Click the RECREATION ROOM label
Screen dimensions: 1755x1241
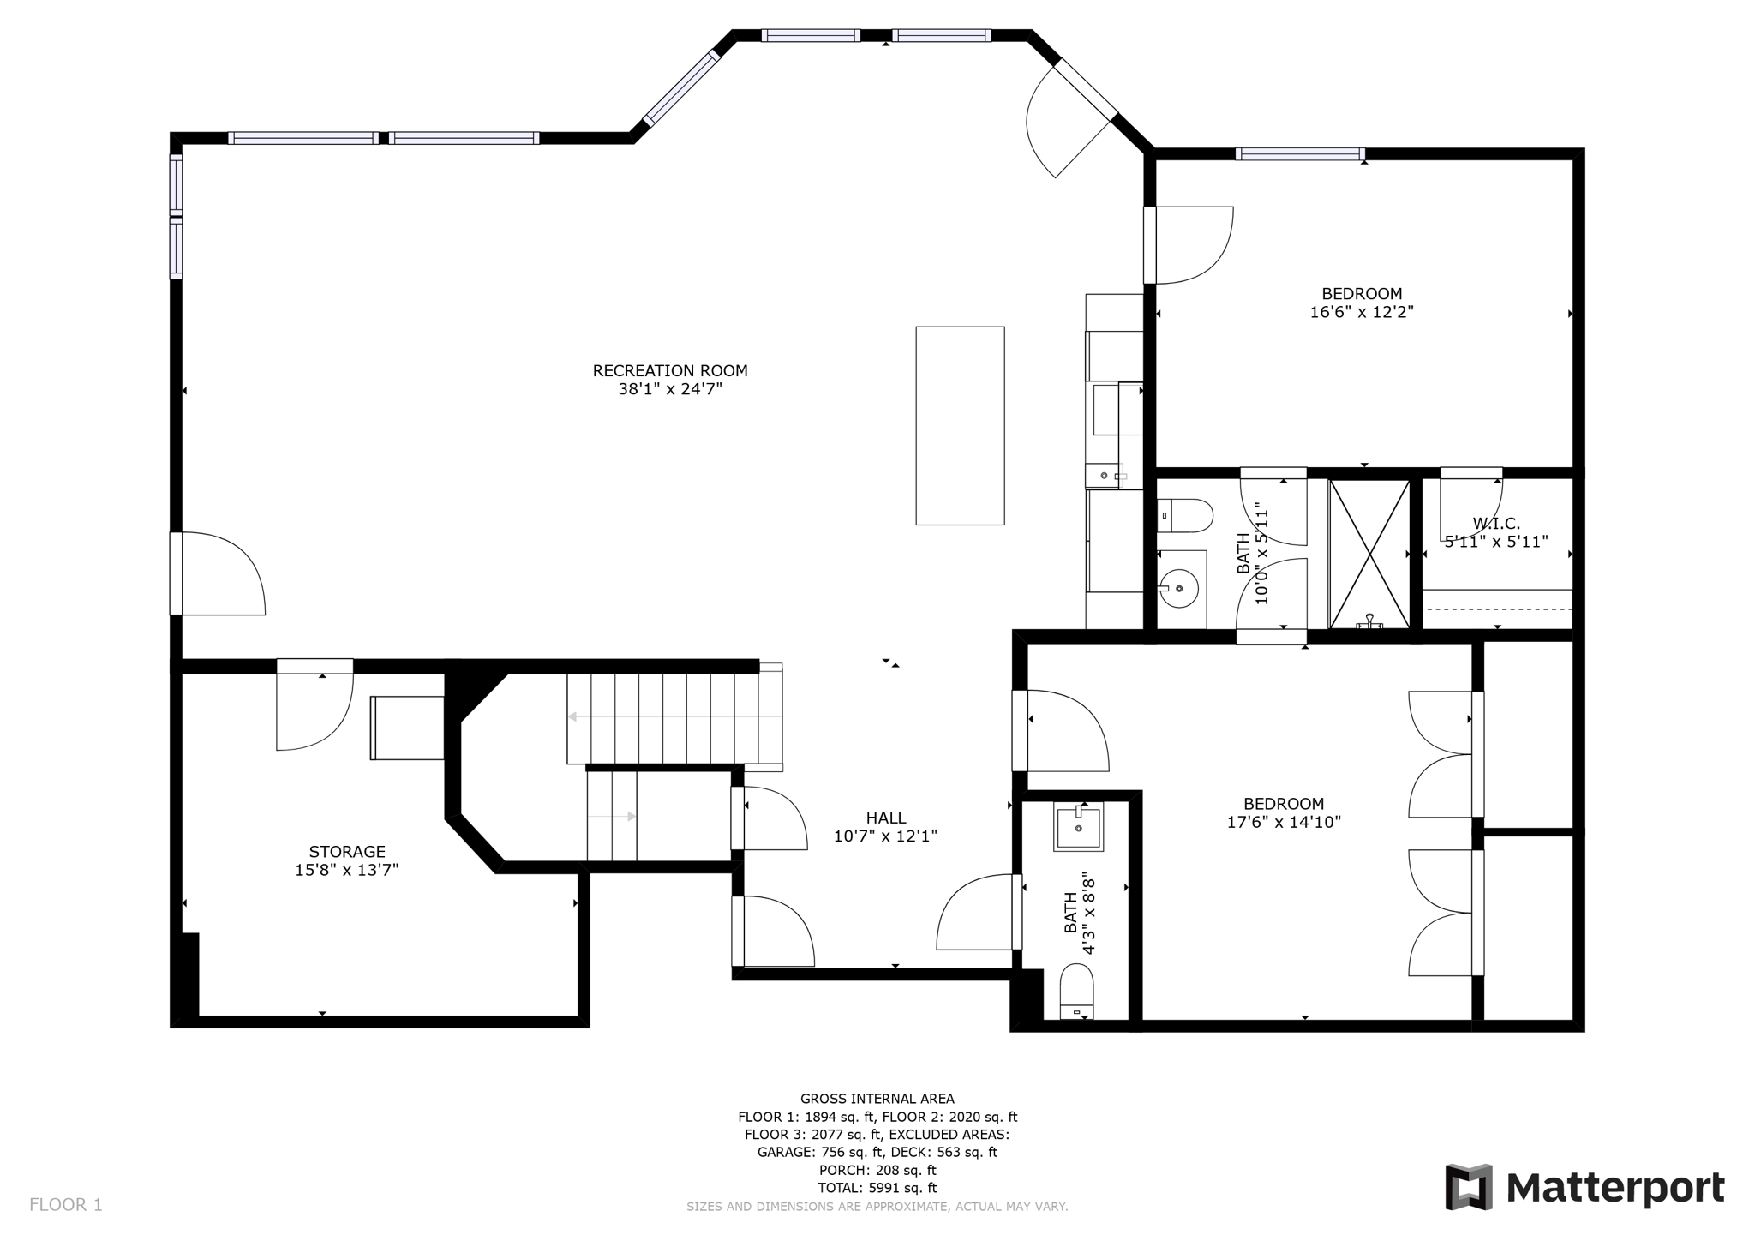click(x=670, y=371)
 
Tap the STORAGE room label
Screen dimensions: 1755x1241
click(x=347, y=852)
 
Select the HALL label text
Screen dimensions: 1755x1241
click(x=886, y=818)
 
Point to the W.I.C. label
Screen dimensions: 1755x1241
click(x=1496, y=524)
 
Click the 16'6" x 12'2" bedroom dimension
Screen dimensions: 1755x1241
click(x=1362, y=312)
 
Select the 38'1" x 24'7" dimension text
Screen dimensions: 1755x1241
click(x=670, y=389)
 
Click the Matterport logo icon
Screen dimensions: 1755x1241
click(x=1469, y=1187)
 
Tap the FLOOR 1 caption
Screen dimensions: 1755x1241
click(x=66, y=1205)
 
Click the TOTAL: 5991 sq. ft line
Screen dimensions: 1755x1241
click(x=877, y=1188)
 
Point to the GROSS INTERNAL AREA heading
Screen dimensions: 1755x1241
click(x=877, y=1099)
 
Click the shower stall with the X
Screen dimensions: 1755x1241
click(x=1369, y=554)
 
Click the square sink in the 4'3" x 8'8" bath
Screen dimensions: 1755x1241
click(x=1079, y=827)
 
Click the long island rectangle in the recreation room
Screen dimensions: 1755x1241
click(x=960, y=425)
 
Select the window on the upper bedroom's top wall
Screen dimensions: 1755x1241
click(x=1300, y=154)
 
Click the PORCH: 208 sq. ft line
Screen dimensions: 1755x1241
click(x=877, y=1170)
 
